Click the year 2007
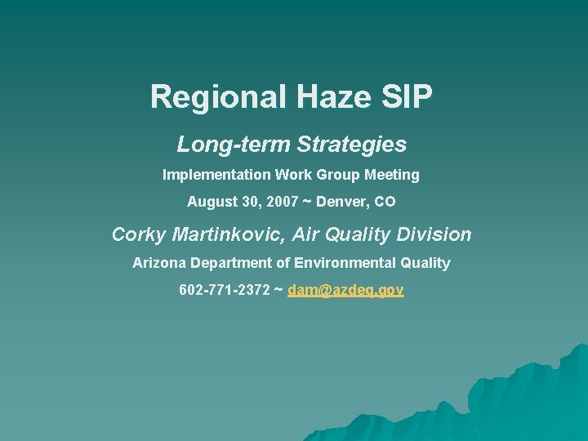pos(282,201)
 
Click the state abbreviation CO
pos(385,201)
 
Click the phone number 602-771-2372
pos(225,290)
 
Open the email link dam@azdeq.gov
pos(345,290)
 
